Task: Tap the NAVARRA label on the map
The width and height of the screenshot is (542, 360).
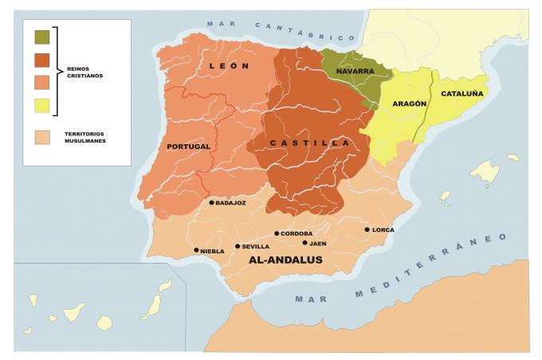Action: [355, 71]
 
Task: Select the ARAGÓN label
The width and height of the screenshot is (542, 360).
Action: [410, 104]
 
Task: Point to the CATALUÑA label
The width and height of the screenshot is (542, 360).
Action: [462, 93]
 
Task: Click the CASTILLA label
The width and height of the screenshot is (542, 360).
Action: [311, 143]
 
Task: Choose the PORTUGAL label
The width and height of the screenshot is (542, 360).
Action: [189, 147]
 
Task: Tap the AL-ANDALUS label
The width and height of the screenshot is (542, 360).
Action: [285, 260]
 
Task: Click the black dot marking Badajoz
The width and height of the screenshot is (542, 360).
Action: [211, 202]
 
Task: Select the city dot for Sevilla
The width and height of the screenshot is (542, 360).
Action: [238, 246]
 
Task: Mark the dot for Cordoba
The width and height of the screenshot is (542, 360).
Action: [277, 233]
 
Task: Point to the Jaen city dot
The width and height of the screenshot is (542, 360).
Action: [304, 243]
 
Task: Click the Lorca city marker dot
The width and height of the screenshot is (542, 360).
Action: [367, 229]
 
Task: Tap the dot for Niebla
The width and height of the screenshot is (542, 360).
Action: [196, 250]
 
